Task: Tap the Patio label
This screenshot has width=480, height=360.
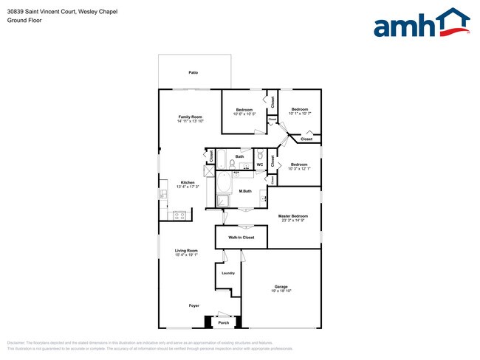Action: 193,73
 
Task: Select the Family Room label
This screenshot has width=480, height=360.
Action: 190,117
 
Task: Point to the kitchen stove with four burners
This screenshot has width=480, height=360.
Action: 177,215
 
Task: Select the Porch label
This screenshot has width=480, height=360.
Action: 223,322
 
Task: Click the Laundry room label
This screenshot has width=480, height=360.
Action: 228,273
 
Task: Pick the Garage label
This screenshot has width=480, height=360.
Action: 281,287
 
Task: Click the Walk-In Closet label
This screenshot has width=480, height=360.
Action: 241,238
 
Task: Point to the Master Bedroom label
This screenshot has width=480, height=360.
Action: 293,216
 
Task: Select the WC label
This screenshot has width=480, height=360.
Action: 259,165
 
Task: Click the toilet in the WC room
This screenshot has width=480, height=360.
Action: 260,155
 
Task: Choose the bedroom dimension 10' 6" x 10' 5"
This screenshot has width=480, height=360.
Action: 244,114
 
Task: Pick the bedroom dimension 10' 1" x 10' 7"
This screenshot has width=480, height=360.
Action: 300,114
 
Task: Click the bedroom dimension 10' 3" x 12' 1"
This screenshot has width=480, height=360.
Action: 299,169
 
